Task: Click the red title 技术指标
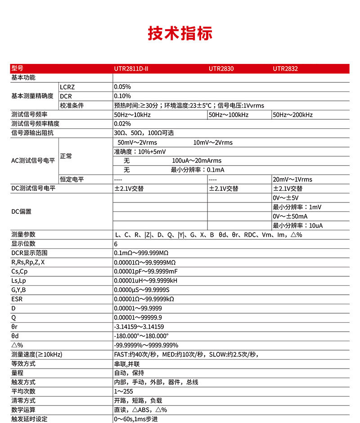[180, 33]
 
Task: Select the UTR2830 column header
[221, 69]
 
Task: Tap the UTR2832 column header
[285, 69]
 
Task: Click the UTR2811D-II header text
[131, 69]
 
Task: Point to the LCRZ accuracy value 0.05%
[122, 87]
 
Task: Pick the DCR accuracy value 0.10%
[122, 96]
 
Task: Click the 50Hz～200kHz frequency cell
[292, 115]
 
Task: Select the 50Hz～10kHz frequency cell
[132, 115]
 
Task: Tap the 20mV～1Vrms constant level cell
[292, 180]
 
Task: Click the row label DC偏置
[21, 211]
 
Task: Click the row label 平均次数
[23, 391]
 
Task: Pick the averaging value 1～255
[123, 391]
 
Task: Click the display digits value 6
[116, 244]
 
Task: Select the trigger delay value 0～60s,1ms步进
[136, 419]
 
